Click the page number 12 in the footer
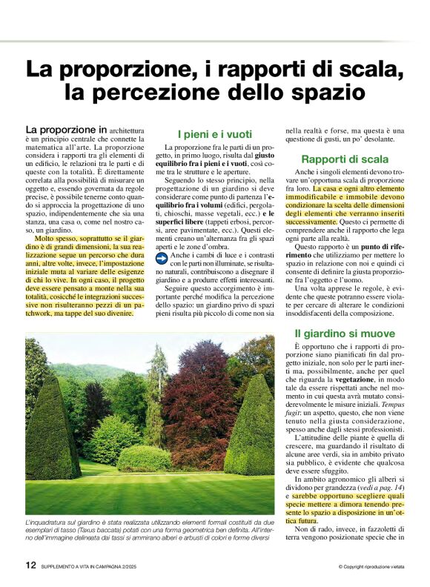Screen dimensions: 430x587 click(31, 565)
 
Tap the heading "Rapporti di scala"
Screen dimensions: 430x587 click(345, 159)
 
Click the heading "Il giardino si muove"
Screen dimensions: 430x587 click(344, 334)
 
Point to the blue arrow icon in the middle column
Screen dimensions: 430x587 click(162, 258)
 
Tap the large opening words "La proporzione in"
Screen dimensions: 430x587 click(66, 129)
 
